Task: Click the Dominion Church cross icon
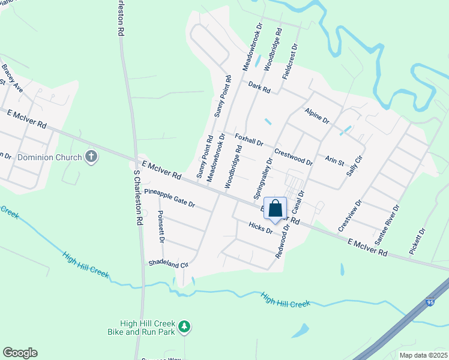click(91, 157)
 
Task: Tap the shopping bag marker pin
click(276, 209)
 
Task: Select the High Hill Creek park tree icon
click(185, 326)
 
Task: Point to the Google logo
click(20, 353)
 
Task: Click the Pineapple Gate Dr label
click(170, 198)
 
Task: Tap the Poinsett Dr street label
click(161, 226)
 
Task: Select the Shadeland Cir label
click(169, 263)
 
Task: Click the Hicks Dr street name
click(261, 227)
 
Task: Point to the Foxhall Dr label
click(249, 139)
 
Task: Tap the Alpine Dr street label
click(317, 116)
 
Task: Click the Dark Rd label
click(260, 87)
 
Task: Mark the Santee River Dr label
click(387, 224)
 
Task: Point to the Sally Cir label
click(355, 165)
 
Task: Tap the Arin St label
click(334, 160)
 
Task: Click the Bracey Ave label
click(13, 79)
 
